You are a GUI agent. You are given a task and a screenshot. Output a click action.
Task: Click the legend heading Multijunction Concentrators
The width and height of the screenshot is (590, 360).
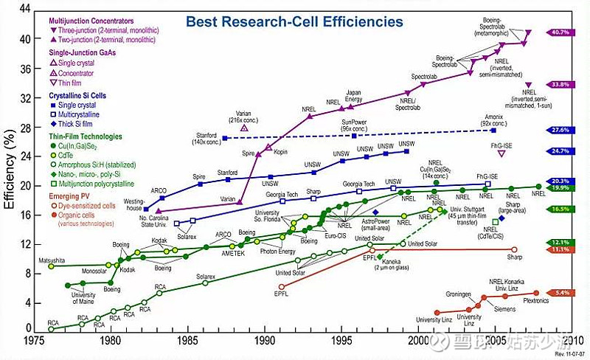point(91,24)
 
